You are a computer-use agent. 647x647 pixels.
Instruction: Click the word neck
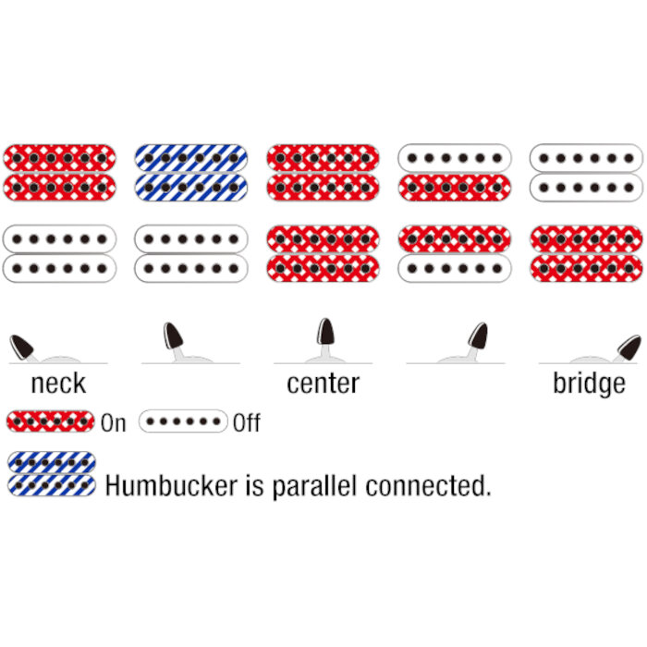[58, 384]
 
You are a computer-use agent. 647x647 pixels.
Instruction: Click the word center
[323, 384]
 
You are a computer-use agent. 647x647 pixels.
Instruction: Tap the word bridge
[589, 385]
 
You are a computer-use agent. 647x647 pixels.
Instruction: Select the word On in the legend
[114, 423]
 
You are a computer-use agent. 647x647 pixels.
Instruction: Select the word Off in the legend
[247, 423]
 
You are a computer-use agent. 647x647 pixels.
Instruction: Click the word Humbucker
[171, 485]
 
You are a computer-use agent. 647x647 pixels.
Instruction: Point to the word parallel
[314, 486]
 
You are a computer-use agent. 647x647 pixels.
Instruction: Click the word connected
[428, 485]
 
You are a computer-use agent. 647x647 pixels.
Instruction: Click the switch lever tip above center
[325, 331]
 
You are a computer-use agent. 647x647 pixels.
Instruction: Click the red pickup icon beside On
[50, 421]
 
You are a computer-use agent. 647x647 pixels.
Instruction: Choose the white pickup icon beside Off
[183, 421]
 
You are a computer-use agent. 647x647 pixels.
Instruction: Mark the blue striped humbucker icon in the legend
[52, 473]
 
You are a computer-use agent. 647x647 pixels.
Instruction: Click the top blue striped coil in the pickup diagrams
[191, 158]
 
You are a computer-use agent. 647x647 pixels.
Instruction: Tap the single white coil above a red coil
[455, 158]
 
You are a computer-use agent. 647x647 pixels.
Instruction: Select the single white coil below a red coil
[455, 269]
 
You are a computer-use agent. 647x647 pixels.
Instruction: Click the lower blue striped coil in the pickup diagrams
[191, 188]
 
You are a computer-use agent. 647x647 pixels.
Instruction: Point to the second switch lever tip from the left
[173, 336]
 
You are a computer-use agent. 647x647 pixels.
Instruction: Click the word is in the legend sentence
[254, 485]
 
